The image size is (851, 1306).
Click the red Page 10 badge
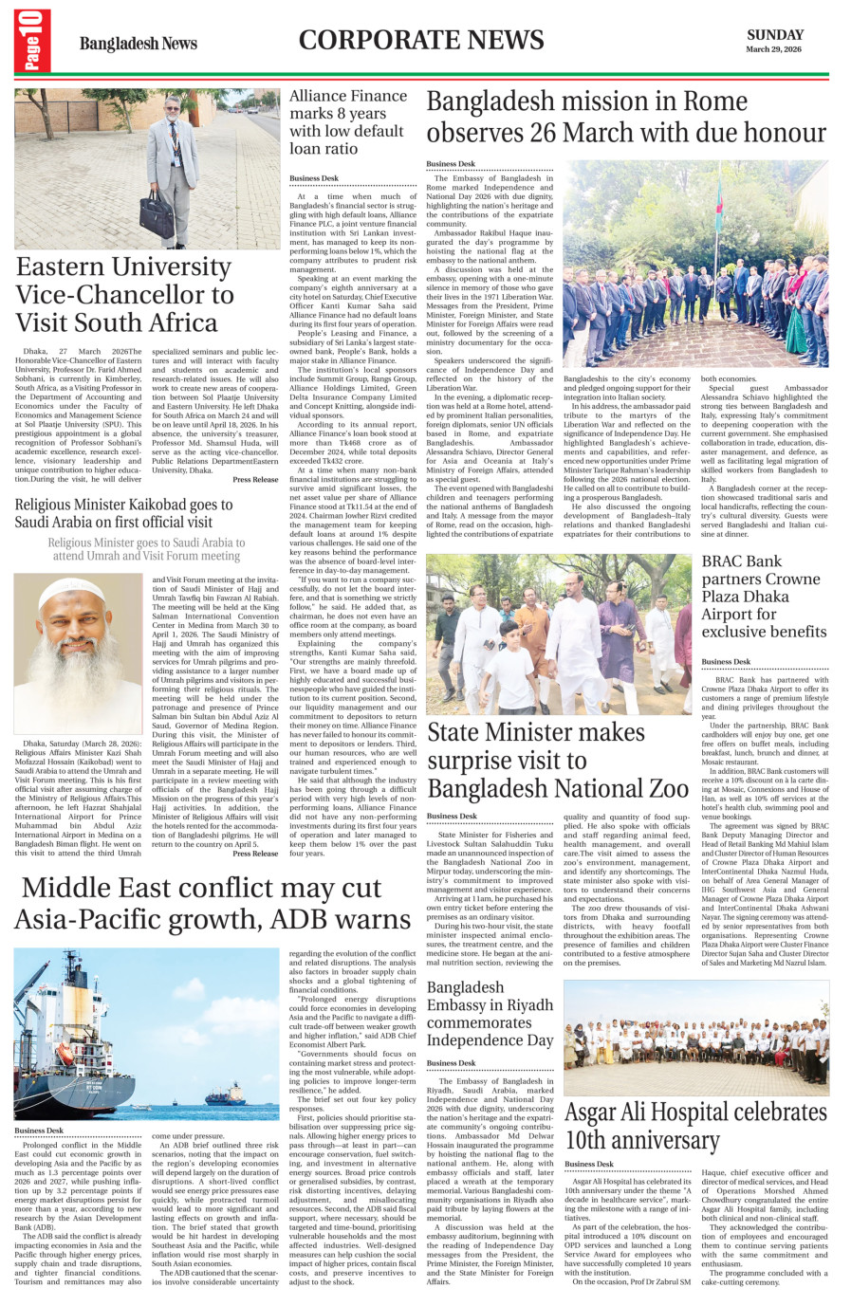[32, 41]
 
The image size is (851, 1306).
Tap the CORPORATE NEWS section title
[421, 40]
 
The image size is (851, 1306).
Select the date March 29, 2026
[773, 49]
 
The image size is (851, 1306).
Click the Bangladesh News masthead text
[139, 44]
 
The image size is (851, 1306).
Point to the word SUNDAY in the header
[774, 34]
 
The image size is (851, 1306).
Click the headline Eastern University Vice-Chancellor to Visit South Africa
[125, 294]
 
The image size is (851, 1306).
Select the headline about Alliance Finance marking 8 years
[347, 121]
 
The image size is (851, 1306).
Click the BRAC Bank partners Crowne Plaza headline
[763, 596]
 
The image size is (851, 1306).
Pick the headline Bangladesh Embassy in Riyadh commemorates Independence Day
[490, 1014]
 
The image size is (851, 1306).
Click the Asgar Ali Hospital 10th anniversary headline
[695, 1125]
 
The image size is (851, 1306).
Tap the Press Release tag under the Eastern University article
[255, 480]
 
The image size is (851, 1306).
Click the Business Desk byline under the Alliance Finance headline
[314, 178]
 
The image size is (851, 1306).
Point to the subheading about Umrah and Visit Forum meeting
[146, 549]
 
